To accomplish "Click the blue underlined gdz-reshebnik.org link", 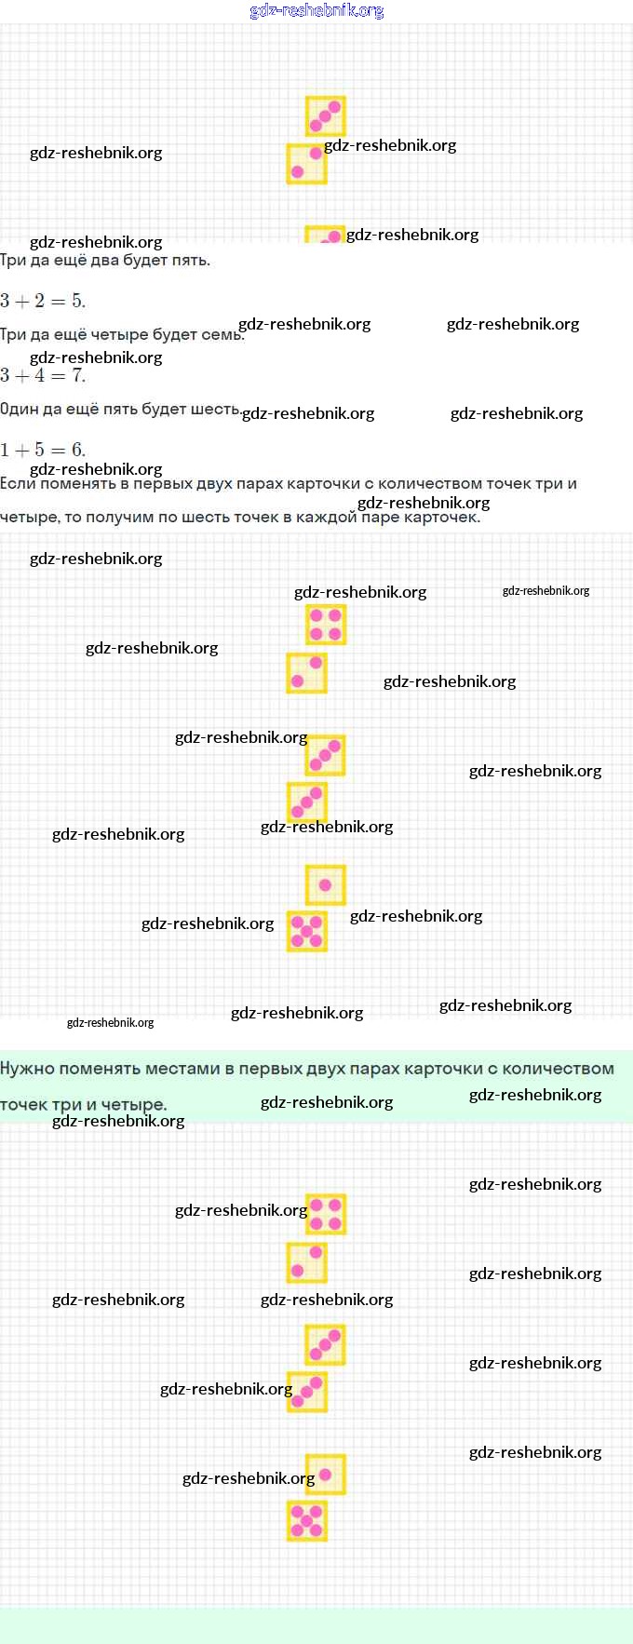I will click(316, 11).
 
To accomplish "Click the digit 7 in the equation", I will click(77, 375).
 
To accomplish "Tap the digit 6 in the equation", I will click(77, 450).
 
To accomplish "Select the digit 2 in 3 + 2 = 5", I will click(39, 301).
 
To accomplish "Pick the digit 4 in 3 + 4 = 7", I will click(39, 375).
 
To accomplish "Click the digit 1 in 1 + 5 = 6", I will click(5, 450).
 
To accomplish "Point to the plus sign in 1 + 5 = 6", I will click(21, 451).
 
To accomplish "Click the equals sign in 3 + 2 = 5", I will click(58, 302).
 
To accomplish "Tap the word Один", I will click(18, 409).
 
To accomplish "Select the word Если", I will click(18, 483).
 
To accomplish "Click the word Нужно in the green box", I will click(29, 1068).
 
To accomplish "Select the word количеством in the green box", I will click(558, 1068).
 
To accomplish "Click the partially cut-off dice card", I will click(325, 234).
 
